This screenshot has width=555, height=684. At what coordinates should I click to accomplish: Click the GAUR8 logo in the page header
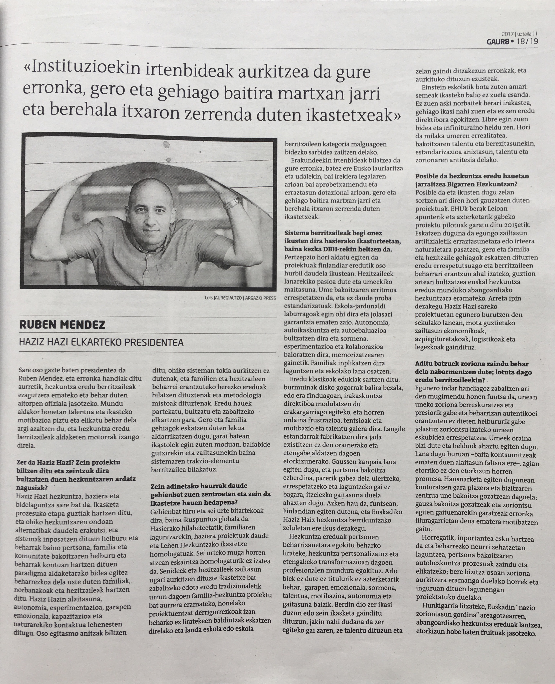click(x=498, y=42)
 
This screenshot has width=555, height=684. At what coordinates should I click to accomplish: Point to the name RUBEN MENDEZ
click(x=62, y=325)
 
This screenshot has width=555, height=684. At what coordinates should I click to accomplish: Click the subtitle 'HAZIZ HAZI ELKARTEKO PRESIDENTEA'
click(x=101, y=343)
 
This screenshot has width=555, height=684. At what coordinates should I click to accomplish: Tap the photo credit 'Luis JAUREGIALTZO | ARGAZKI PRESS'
click(x=240, y=298)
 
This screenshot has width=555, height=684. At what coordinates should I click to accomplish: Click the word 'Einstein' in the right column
click(x=433, y=87)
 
